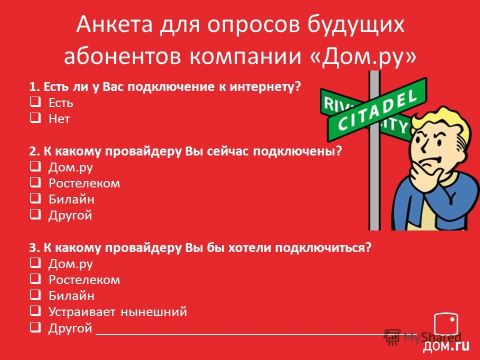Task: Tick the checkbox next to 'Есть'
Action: [35, 101]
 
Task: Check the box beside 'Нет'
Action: [35, 117]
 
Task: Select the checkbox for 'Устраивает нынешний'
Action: [35, 311]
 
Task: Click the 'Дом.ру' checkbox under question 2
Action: [35, 166]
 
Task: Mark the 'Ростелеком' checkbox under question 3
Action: [35, 279]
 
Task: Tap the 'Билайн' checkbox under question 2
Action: [35, 198]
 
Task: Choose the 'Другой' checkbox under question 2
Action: [35, 214]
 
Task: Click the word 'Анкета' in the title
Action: [114, 24]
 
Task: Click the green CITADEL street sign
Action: [377, 110]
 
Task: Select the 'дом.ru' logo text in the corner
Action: [446, 346]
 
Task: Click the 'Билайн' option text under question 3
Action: [71, 295]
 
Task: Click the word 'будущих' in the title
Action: [355, 25]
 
